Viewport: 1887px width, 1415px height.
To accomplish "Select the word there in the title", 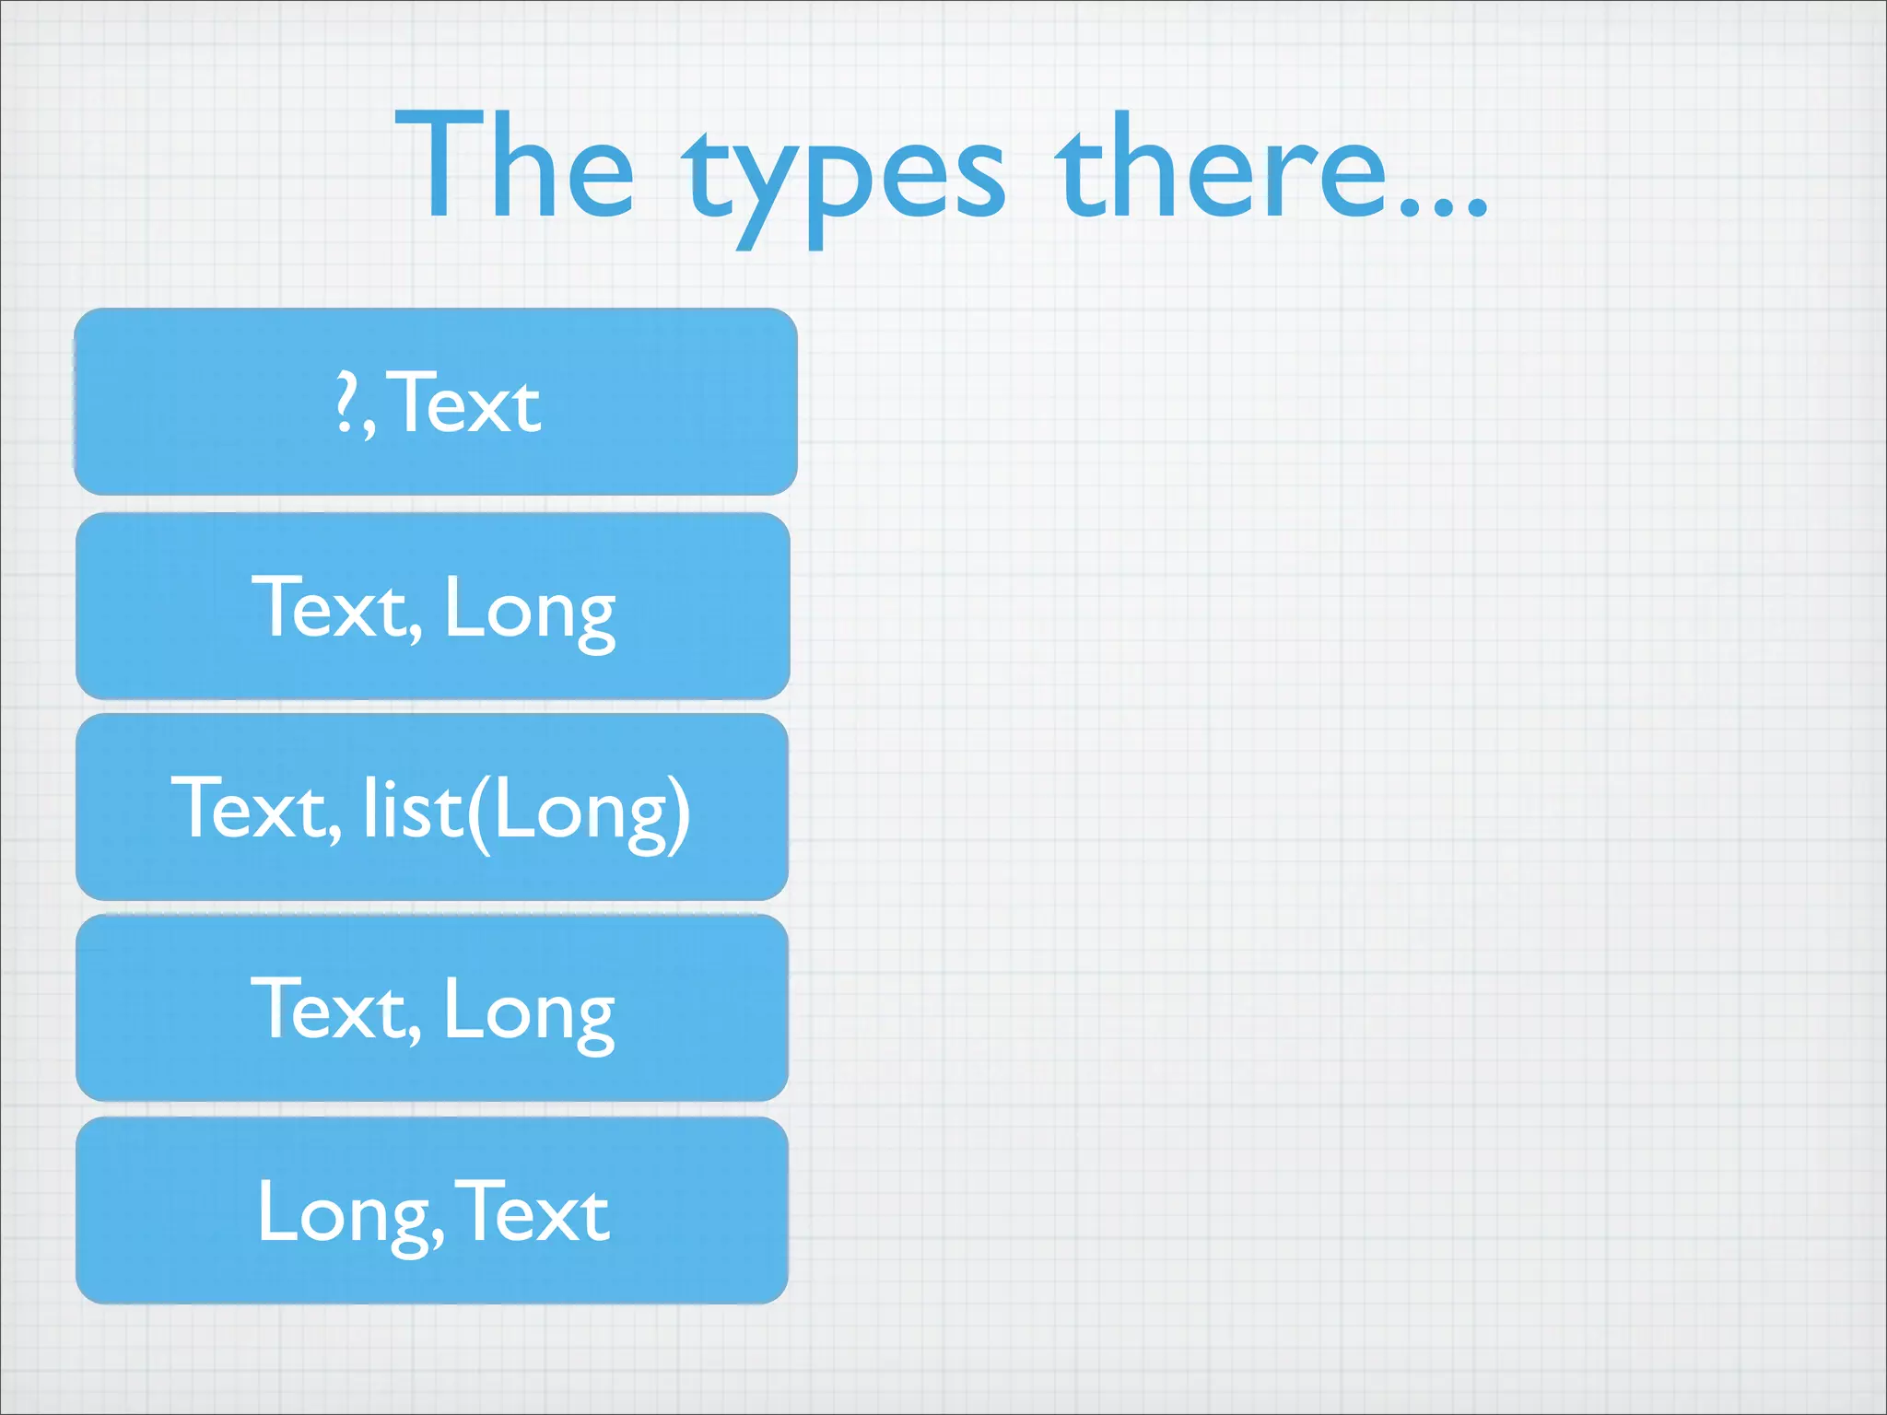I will coord(1221,168).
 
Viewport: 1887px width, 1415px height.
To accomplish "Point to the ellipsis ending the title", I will coord(1443,208).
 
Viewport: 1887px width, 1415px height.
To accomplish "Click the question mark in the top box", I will coord(346,403).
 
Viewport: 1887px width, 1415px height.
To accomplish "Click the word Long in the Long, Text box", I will coord(344,1214).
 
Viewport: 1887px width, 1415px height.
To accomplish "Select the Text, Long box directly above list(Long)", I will coord(432,605).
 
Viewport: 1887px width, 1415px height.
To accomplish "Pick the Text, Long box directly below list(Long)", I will coord(432,1008).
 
